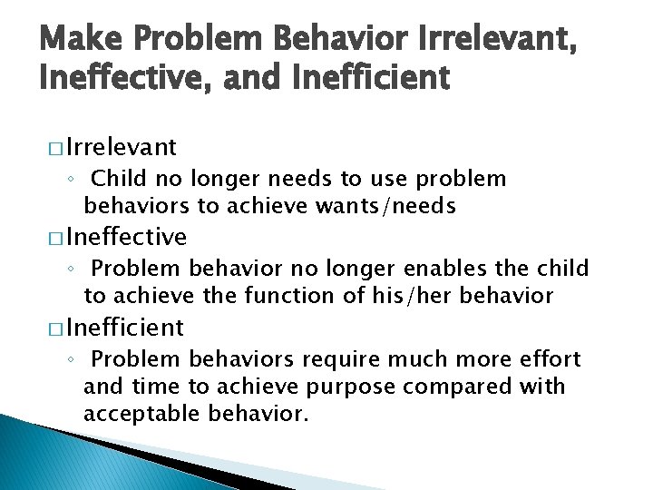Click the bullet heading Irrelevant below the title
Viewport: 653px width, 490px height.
[121, 147]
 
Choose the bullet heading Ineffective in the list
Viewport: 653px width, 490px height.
[126, 237]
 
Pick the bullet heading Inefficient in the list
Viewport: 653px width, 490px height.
[124, 327]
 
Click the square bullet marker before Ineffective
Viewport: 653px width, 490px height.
[56, 238]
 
